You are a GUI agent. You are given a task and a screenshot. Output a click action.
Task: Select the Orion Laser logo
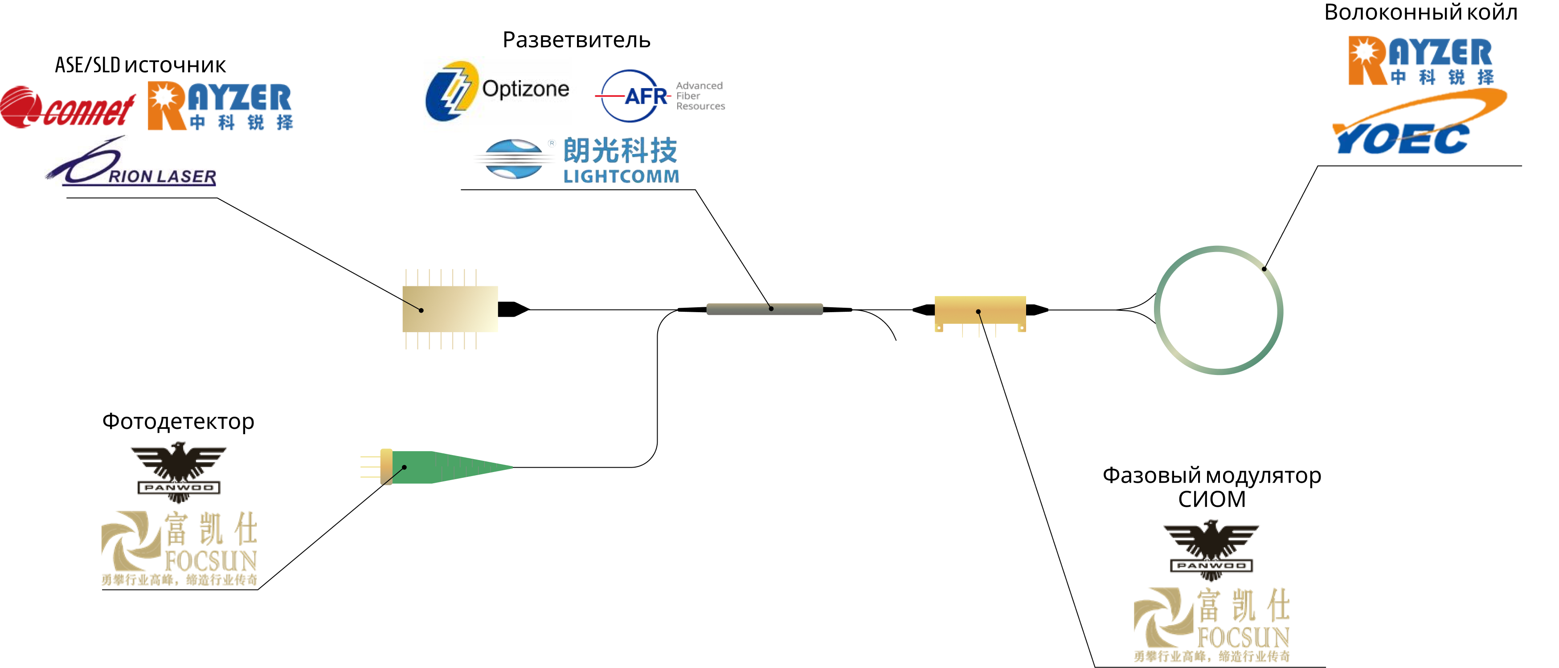tap(130, 161)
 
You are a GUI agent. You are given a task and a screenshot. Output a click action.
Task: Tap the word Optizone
tap(525, 89)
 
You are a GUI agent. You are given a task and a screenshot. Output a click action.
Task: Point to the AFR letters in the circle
tap(645, 96)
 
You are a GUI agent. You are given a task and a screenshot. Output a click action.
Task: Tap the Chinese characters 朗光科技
tap(620, 150)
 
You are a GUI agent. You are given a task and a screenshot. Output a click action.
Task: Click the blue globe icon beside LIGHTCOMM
tap(514, 159)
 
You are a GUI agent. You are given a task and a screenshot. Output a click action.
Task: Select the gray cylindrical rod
tap(765, 309)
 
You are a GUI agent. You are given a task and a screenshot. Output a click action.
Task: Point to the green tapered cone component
tap(460, 467)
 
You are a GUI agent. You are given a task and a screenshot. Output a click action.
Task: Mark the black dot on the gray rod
tap(771, 309)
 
